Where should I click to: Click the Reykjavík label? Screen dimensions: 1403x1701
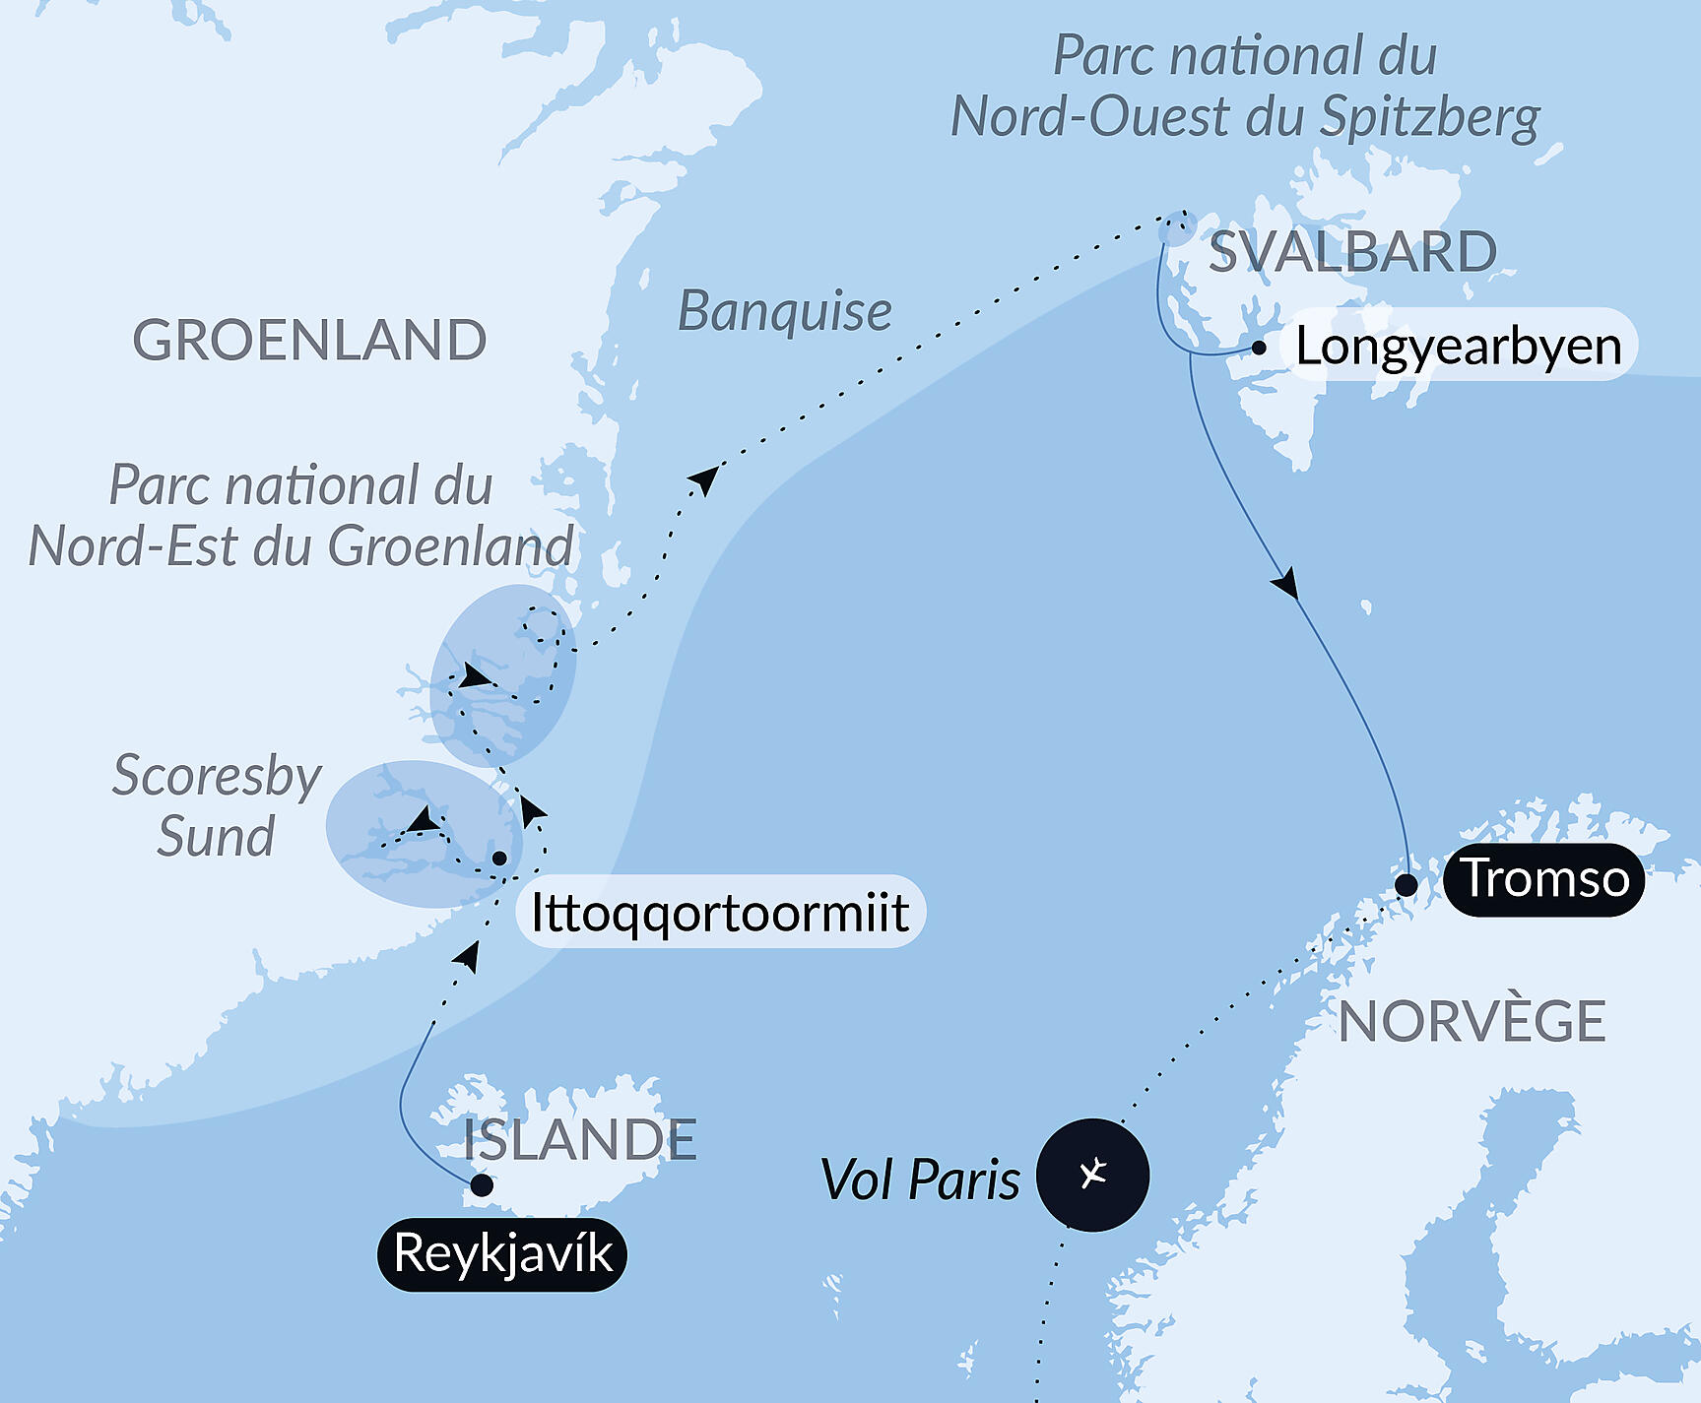(x=502, y=1253)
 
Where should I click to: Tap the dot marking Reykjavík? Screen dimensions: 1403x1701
(x=482, y=1184)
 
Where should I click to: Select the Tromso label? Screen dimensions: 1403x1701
(x=1543, y=878)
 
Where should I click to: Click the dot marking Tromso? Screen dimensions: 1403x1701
(x=1407, y=885)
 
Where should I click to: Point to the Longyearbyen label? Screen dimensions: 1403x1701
(x=1458, y=347)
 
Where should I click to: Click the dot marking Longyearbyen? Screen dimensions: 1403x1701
(x=1259, y=348)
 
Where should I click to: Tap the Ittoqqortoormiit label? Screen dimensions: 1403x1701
(x=720, y=912)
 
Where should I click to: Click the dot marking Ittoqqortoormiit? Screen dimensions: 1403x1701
(x=499, y=859)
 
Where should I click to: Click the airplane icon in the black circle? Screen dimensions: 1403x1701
(x=1093, y=1174)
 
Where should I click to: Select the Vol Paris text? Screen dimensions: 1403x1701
(x=920, y=1180)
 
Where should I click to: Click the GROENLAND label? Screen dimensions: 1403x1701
(x=309, y=341)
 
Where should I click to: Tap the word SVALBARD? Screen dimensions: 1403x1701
(x=1352, y=252)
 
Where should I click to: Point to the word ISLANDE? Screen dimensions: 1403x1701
(x=580, y=1140)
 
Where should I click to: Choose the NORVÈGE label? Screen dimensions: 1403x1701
(x=1472, y=1022)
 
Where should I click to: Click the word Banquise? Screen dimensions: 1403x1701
(x=785, y=312)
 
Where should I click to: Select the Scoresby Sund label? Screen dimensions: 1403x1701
(x=217, y=805)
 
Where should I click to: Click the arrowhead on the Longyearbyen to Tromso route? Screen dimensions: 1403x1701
(x=1285, y=585)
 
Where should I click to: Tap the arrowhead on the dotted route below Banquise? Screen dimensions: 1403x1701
(x=705, y=478)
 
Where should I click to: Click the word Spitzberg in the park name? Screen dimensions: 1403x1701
(x=1430, y=117)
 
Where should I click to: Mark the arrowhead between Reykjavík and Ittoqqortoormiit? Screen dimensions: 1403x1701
(x=467, y=955)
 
